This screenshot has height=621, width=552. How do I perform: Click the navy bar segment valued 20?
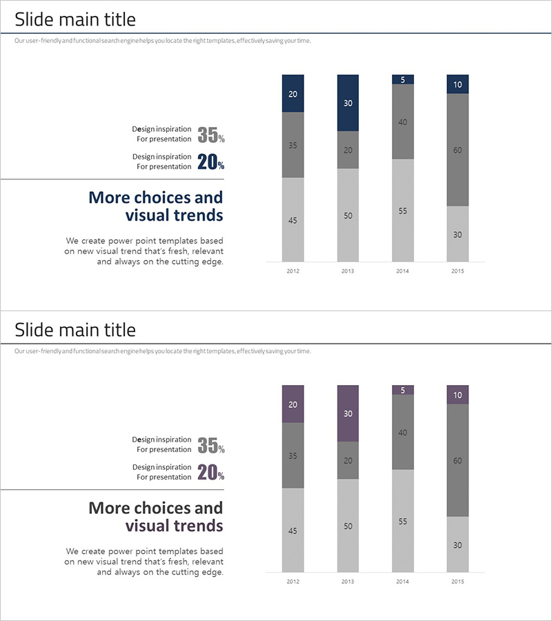click(293, 93)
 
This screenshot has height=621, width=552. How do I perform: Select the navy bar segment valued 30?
click(348, 103)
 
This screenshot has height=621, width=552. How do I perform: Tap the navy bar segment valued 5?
click(403, 79)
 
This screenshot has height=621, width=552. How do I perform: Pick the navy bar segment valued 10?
click(457, 84)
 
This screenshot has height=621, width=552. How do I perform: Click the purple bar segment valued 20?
click(293, 404)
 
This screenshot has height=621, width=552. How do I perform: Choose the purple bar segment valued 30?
click(348, 413)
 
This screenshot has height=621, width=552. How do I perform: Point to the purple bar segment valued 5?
click(403, 390)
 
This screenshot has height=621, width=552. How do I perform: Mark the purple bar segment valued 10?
click(457, 395)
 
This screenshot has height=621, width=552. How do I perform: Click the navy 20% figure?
click(210, 162)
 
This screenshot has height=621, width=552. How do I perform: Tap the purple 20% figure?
click(210, 473)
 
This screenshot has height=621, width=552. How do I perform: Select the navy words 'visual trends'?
click(174, 215)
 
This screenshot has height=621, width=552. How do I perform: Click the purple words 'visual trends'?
click(174, 526)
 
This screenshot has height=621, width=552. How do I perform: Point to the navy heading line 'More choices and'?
click(156, 197)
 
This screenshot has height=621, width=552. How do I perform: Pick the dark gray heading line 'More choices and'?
click(156, 508)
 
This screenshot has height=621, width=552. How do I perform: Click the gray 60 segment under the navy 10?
click(457, 150)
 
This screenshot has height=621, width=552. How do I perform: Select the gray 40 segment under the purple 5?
click(403, 433)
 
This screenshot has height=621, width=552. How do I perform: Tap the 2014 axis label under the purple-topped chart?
click(403, 582)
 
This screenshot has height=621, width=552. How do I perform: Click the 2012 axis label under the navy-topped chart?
click(293, 271)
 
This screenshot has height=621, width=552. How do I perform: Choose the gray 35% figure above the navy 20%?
click(210, 135)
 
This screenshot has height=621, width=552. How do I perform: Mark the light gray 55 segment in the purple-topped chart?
click(403, 521)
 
